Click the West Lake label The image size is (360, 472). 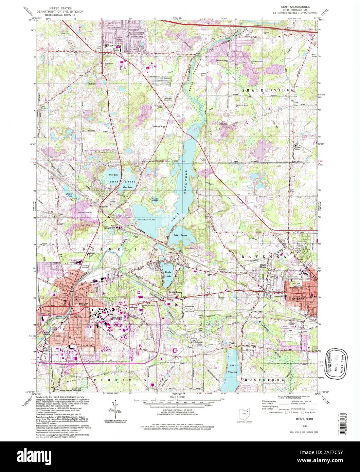(x=113, y=175)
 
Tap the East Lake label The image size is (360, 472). (x=128, y=187)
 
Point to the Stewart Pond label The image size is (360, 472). (x=69, y=195)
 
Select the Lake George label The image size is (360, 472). (x=156, y=199)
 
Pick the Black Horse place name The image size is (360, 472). (x=264, y=266)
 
